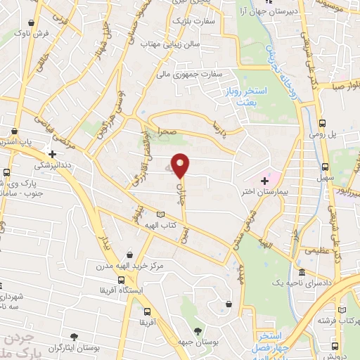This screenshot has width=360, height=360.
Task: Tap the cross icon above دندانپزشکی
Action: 52,152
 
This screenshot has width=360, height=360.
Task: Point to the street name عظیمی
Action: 316,250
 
